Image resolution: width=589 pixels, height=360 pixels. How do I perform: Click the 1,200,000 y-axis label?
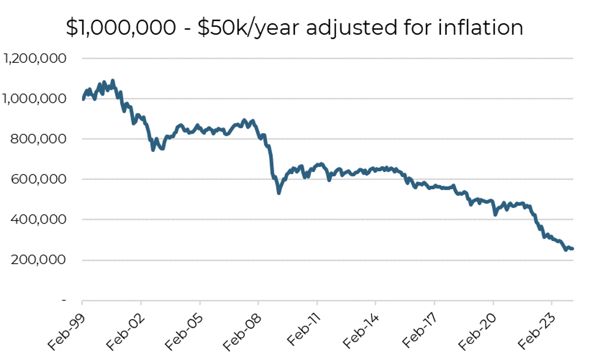[x=35, y=59]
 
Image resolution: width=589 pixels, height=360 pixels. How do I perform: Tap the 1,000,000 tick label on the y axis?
[x=35, y=99]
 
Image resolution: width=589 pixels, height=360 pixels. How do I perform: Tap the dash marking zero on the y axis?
[x=64, y=300]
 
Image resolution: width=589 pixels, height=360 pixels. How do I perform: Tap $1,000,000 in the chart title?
[x=121, y=27]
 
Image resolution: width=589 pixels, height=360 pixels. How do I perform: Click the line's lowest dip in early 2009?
[x=279, y=193]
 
